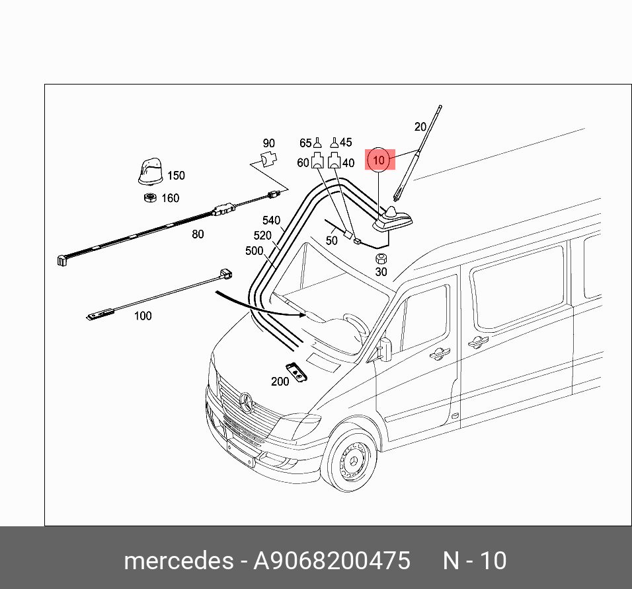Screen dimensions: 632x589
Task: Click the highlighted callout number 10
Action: pos(379,160)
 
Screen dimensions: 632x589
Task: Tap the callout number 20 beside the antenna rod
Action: pos(420,127)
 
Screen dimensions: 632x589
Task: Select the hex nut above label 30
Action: pos(381,258)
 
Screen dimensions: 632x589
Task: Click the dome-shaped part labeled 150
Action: pos(150,172)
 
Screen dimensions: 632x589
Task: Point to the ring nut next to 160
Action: pos(150,197)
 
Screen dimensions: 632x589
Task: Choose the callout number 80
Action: pos(198,234)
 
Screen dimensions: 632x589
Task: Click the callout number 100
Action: pos(143,316)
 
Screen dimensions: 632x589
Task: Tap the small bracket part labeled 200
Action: pos(297,372)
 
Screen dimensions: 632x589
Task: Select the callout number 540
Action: pos(271,221)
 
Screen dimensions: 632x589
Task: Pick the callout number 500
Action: pos(255,251)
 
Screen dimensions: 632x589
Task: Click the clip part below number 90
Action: pos(269,159)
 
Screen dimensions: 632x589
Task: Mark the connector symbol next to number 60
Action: pos(317,160)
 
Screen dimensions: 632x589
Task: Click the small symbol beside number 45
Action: pos(334,143)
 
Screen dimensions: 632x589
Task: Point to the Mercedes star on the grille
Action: pos(247,401)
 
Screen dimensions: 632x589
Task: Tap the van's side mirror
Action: pos(385,349)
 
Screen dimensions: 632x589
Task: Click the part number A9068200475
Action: pos(332,561)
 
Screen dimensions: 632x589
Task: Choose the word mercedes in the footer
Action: pos(178,561)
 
